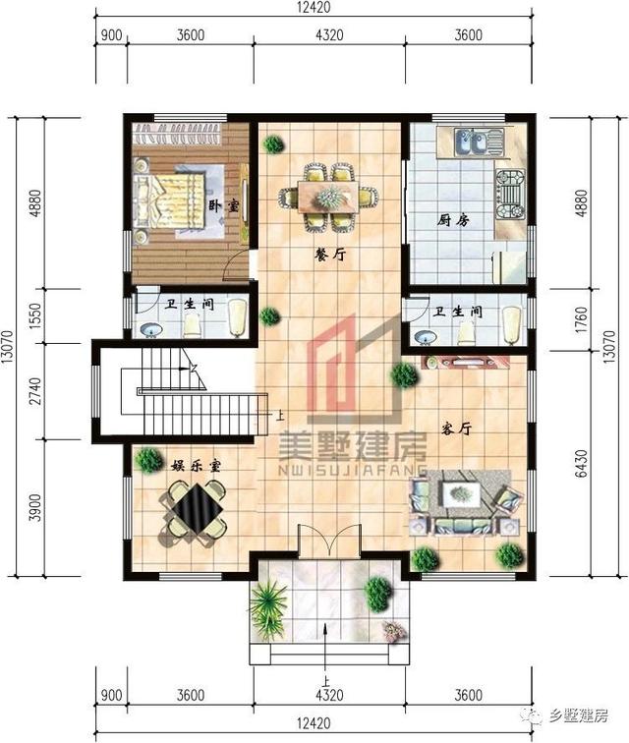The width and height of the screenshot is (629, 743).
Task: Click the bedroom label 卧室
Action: coord(224,206)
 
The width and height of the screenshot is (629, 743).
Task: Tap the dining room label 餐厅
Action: coord(331,255)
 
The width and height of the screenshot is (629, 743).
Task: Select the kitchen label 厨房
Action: coord(453,220)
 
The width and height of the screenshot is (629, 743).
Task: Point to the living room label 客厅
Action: coord(456,429)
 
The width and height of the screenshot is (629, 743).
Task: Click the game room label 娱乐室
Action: coord(196,466)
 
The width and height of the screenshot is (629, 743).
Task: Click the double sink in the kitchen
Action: coord(471,143)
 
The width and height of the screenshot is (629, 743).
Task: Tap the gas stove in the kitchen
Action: coord(510,195)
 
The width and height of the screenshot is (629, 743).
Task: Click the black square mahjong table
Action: coord(197,508)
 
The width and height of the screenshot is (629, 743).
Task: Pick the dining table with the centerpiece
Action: coord(328,197)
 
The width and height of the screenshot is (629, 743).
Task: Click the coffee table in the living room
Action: coord(459,493)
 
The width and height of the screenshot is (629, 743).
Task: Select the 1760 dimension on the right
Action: coord(582,320)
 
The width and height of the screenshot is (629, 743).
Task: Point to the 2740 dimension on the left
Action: coord(35,391)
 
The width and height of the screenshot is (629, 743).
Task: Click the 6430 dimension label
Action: coord(582,464)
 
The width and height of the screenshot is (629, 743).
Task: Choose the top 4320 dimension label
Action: coord(328,34)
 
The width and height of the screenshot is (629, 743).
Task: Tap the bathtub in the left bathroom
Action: coord(237,317)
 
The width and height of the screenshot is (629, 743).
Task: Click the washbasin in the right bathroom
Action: coord(426,337)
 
